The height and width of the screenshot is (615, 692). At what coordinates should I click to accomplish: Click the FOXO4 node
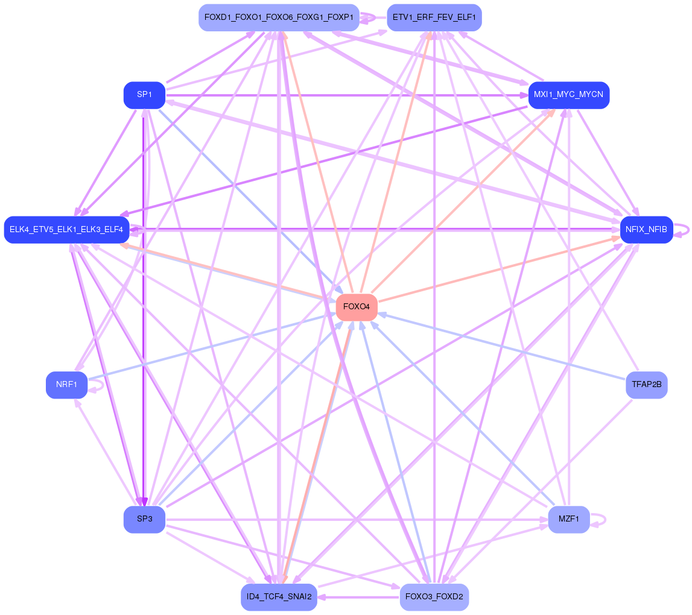pos(356,307)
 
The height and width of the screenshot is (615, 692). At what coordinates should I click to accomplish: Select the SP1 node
pos(144,95)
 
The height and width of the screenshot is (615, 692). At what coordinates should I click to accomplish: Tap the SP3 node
pos(144,519)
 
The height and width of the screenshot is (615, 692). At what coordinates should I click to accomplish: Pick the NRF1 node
pos(66,385)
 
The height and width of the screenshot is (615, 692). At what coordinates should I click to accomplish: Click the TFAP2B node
pos(647,385)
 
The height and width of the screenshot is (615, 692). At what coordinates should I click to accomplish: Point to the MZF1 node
pos(569,519)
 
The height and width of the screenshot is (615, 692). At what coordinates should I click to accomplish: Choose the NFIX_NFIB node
pos(647,229)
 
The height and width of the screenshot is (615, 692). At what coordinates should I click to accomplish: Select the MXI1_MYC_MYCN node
pos(569,95)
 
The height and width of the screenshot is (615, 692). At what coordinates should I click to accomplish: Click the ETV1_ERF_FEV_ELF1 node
pos(434,17)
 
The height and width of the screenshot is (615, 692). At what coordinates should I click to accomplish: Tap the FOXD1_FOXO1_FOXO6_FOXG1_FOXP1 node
pos(279,17)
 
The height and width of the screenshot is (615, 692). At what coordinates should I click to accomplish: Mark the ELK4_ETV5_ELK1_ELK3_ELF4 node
pos(66,229)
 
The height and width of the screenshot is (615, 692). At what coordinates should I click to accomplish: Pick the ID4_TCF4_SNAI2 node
pos(279,597)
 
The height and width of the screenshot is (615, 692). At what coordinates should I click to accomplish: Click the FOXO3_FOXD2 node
pos(434,597)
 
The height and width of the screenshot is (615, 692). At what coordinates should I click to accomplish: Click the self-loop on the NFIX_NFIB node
pos(683,229)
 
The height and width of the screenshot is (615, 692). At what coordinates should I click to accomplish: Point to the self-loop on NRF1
pos(97,385)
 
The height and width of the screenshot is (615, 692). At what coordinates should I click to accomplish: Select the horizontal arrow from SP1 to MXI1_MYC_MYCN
pos(347,95)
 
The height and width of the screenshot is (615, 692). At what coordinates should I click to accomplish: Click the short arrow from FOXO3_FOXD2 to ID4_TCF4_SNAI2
pos(358,597)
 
